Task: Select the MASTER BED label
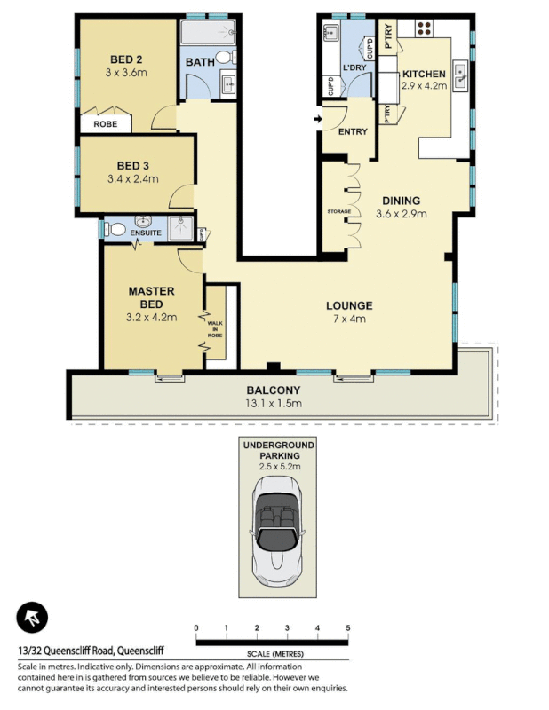(151, 297)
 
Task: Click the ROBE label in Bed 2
(105, 125)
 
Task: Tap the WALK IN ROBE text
(215, 329)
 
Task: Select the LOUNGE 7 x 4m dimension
(347, 318)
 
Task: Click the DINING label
(401, 201)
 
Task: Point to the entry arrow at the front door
(318, 118)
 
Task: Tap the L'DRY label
(355, 67)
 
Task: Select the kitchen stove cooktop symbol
(424, 28)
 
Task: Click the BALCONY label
(274, 390)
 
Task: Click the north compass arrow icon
(33, 618)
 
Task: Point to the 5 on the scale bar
(348, 628)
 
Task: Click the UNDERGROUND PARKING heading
(280, 450)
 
